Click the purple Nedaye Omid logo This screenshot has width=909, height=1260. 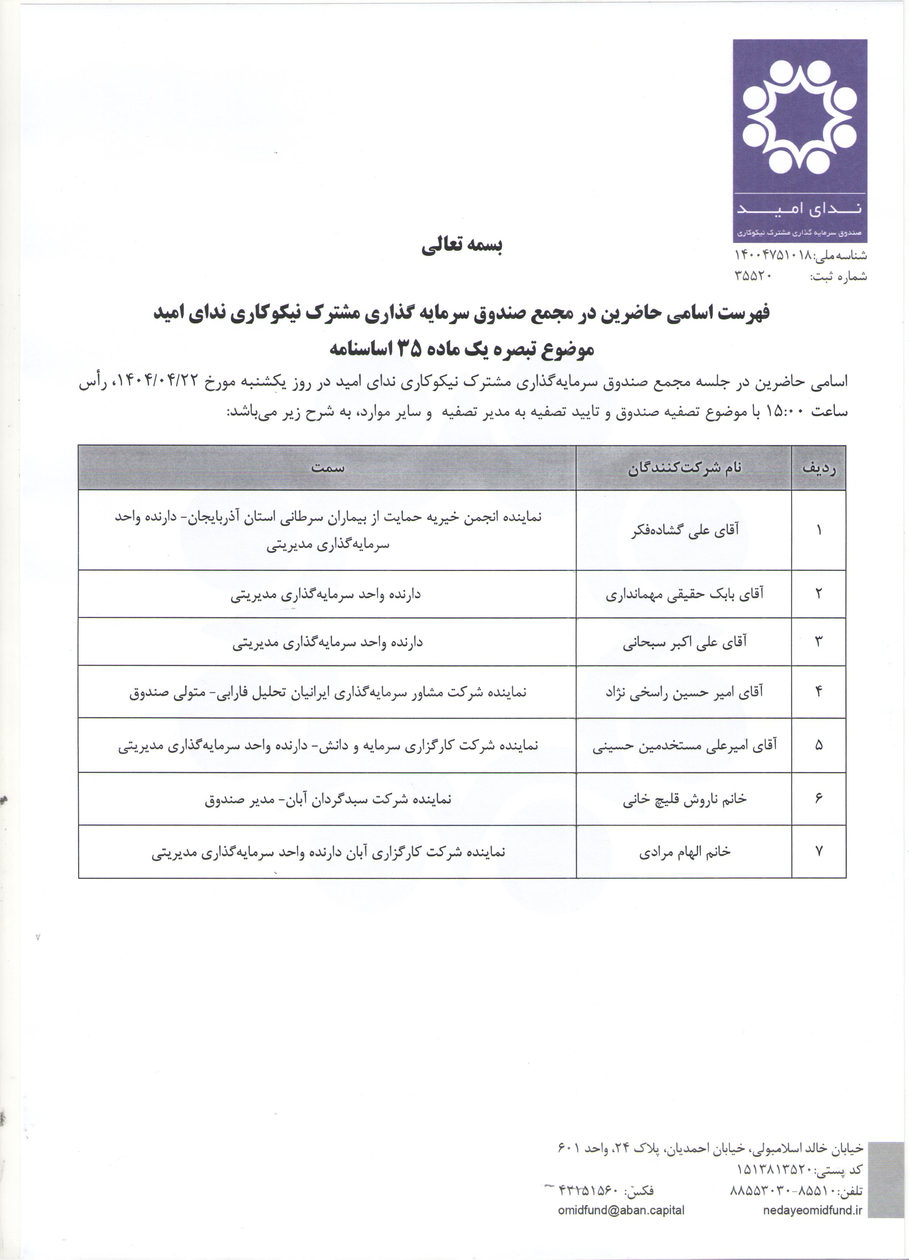(x=799, y=140)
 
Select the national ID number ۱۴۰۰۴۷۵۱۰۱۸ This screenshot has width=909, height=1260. (x=774, y=255)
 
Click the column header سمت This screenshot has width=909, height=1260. (x=328, y=468)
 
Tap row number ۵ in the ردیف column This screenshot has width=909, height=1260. (x=818, y=746)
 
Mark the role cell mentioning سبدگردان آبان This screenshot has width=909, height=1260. (x=328, y=799)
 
